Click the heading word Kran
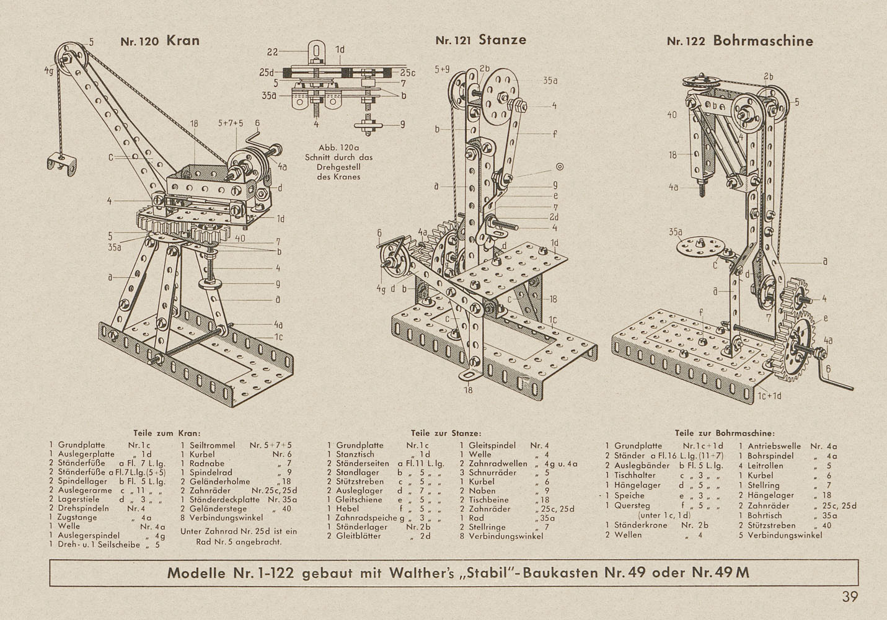(x=183, y=40)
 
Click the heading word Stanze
(x=503, y=40)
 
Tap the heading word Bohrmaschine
(x=763, y=41)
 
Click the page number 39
(x=850, y=596)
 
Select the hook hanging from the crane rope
(x=61, y=164)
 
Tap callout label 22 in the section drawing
(x=273, y=52)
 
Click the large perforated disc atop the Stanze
(x=501, y=95)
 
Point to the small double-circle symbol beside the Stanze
(x=560, y=167)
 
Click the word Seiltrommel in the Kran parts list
(x=212, y=445)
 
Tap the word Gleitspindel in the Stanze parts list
(x=492, y=446)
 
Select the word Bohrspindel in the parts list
(x=770, y=456)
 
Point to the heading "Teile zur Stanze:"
(x=446, y=433)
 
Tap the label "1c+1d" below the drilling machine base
(x=769, y=396)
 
